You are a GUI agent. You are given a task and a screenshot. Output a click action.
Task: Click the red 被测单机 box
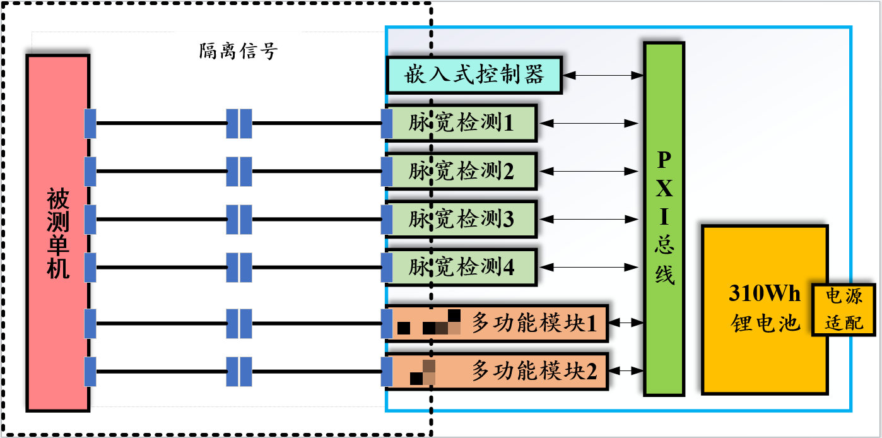click(57, 233)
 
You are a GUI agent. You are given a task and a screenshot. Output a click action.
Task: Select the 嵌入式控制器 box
click(473, 75)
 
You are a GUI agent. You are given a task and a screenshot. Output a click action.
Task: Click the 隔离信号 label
click(238, 51)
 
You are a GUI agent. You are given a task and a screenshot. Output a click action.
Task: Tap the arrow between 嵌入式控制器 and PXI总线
click(603, 76)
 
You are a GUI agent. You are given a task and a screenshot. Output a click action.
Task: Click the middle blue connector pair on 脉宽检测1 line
click(239, 123)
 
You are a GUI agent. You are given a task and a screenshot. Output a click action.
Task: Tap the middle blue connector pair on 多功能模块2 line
click(239, 371)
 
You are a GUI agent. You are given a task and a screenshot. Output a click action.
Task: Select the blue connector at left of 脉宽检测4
click(387, 268)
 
